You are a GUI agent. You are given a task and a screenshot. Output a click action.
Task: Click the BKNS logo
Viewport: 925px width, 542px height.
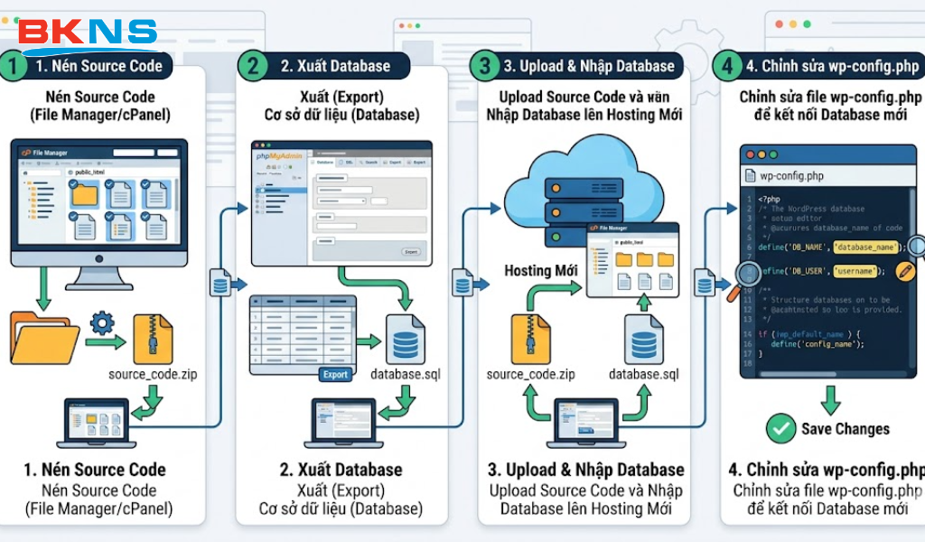click(88, 34)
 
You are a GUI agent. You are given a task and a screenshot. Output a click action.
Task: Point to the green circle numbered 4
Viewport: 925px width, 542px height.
click(725, 66)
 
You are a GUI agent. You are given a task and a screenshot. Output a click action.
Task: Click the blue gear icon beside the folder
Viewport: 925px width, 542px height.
click(102, 322)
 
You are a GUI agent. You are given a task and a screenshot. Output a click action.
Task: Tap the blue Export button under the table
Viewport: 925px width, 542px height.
click(335, 374)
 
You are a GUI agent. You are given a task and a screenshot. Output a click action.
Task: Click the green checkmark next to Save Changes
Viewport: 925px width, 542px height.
click(780, 428)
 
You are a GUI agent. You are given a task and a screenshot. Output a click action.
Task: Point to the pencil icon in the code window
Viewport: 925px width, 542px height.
click(904, 271)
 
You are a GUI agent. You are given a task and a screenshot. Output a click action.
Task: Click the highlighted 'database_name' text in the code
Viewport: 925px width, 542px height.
click(865, 247)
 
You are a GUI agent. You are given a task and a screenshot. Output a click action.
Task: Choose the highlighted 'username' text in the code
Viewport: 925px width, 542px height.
click(855, 270)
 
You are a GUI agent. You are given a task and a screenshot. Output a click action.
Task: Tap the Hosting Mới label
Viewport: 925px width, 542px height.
click(528, 270)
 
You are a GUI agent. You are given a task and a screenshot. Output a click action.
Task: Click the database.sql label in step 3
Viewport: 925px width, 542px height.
click(643, 374)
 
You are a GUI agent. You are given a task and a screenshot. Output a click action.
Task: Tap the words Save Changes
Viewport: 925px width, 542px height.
click(845, 429)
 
